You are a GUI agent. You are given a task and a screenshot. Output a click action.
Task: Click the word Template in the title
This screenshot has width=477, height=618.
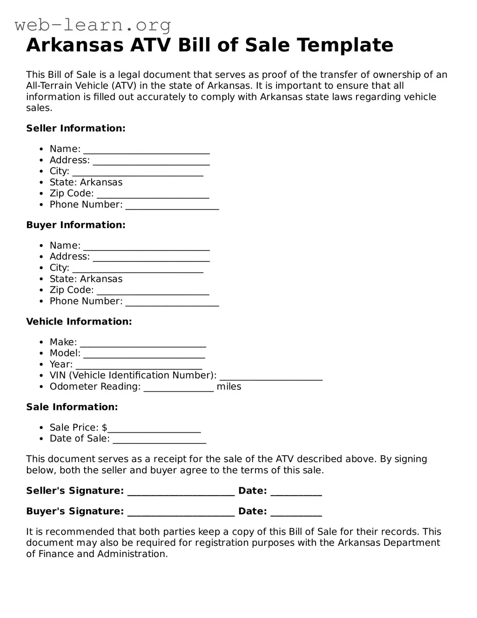point(345,45)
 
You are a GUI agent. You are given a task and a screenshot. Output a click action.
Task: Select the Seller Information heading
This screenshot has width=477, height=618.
point(76,129)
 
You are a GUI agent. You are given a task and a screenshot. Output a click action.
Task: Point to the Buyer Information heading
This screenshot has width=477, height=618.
point(76,225)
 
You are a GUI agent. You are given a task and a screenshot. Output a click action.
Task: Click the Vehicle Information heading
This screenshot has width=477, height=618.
point(79,322)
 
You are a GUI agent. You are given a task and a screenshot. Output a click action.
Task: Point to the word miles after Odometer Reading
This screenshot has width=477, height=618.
point(229,387)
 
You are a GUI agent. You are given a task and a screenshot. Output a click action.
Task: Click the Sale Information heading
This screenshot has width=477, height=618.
point(72,407)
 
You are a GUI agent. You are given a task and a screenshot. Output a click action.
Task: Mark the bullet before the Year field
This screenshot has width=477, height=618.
point(41,365)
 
